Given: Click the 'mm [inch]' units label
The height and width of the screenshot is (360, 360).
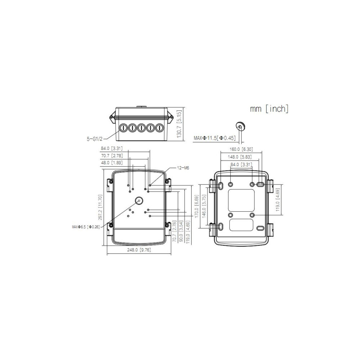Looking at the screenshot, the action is click(269, 109).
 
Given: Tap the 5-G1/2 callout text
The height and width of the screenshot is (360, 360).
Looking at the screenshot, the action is click(95, 139).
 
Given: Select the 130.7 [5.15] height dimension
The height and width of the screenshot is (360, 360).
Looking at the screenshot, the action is click(179, 124).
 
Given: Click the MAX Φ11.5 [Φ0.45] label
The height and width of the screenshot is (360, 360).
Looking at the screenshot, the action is click(215, 138).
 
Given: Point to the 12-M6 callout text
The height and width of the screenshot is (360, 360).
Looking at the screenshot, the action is click(183, 168).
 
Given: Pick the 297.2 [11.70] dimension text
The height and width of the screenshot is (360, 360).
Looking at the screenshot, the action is click(100, 208).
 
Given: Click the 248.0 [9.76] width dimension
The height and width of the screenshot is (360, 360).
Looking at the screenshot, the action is click(139, 250).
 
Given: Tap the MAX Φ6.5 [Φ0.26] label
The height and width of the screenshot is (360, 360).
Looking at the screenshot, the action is click(86, 227).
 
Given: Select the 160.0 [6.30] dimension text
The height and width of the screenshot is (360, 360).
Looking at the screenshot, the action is click(241, 149).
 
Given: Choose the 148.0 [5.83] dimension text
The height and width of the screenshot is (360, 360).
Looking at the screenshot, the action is click(240, 157).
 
